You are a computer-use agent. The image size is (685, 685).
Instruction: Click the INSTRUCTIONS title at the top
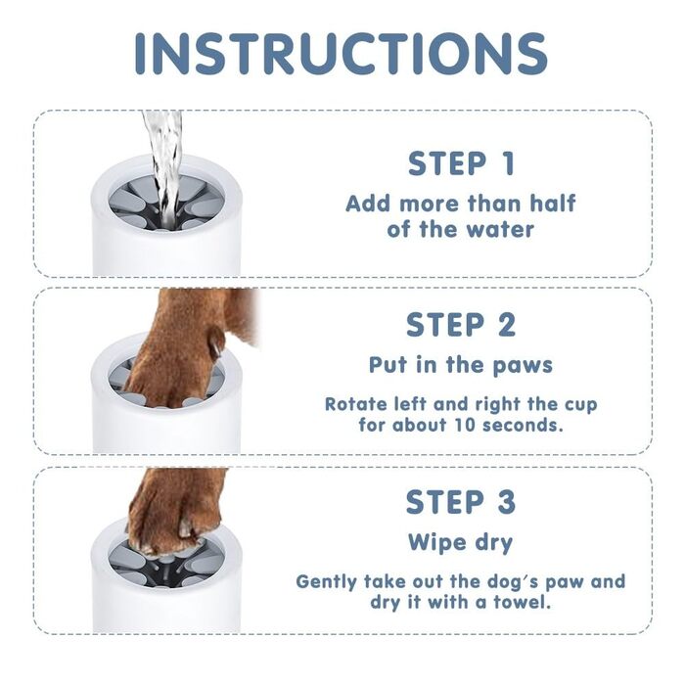pyautogui.click(x=341, y=54)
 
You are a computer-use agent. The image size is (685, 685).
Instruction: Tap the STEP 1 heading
pyautogui.click(x=461, y=163)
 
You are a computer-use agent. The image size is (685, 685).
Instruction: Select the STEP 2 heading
pyautogui.click(x=461, y=325)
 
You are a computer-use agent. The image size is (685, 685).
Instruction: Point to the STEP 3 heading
pyautogui.click(x=461, y=501)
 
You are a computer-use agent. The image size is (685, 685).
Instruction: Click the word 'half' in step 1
pyautogui.click(x=553, y=204)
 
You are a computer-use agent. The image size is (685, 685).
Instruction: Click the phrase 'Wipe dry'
pyautogui.click(x=461, y=543)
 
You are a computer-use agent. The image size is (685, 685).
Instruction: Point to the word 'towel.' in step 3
pyautogui.click(x=522, y=602)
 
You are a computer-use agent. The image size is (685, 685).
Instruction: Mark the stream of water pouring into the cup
pyautogui.click(x=164, y=166)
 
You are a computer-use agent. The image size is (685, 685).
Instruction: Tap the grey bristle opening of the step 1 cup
pyautogui.click(x=166, y=203)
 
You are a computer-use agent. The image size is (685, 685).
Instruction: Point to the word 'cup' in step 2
pyautogui.click(x=581, y=405)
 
